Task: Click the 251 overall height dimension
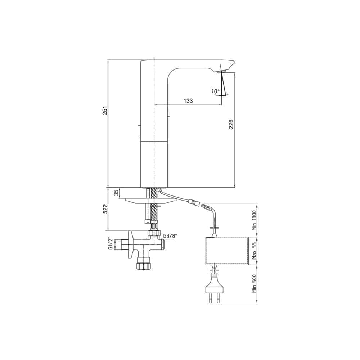click(105, 111)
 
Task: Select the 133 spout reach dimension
click(188, 100)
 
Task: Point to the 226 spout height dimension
click(231, 124)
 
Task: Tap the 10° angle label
click(216, 91)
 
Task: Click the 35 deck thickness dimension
click(117, 193)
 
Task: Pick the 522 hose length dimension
click(105, 209)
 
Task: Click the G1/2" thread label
click(111, 243)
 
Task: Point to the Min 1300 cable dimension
click(254, 220)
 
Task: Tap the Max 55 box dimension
click(254, 251)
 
